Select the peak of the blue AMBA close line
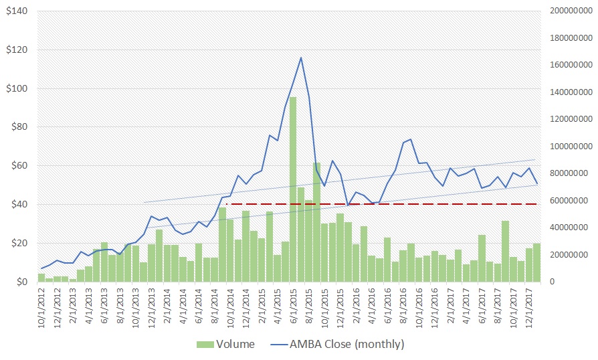point(301,58)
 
